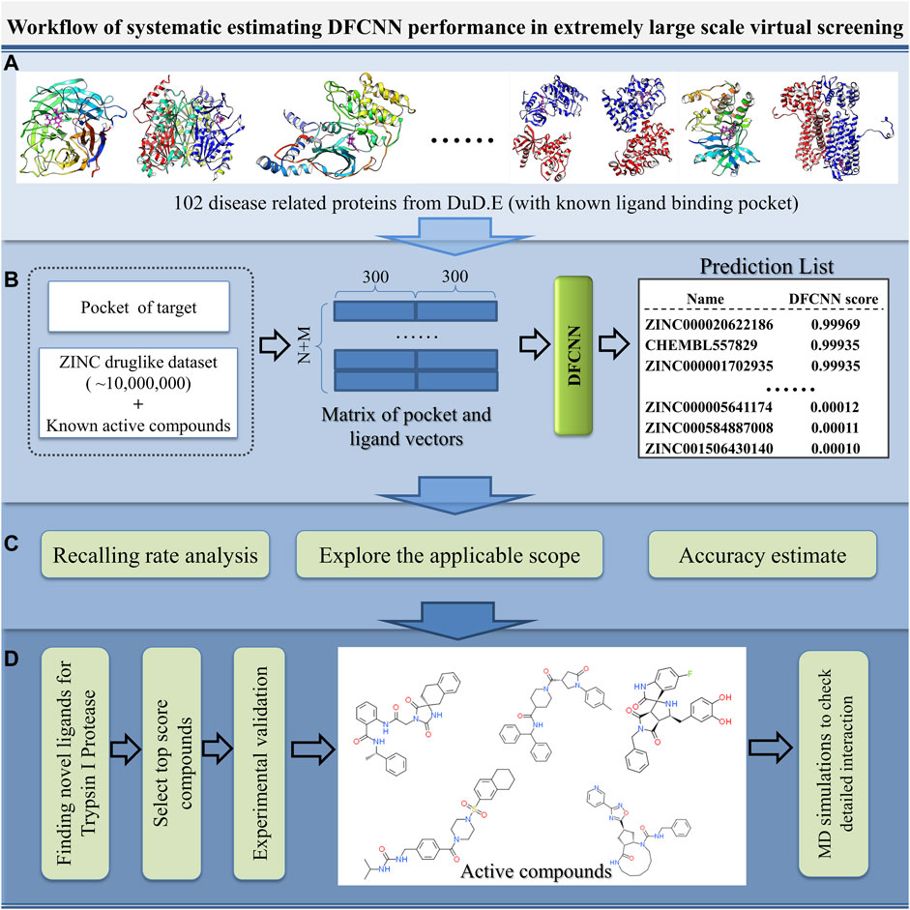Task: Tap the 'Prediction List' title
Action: click(x=762, y=268)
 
